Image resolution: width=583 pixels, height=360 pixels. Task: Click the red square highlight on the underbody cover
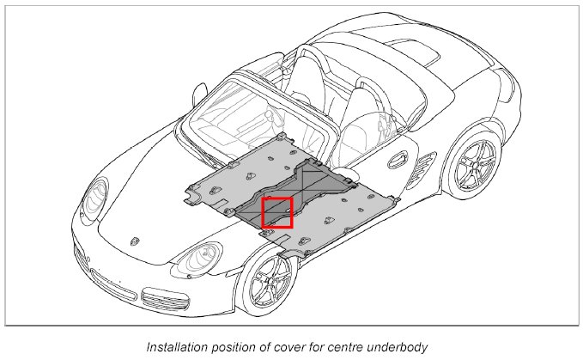[x=276, y=212]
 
